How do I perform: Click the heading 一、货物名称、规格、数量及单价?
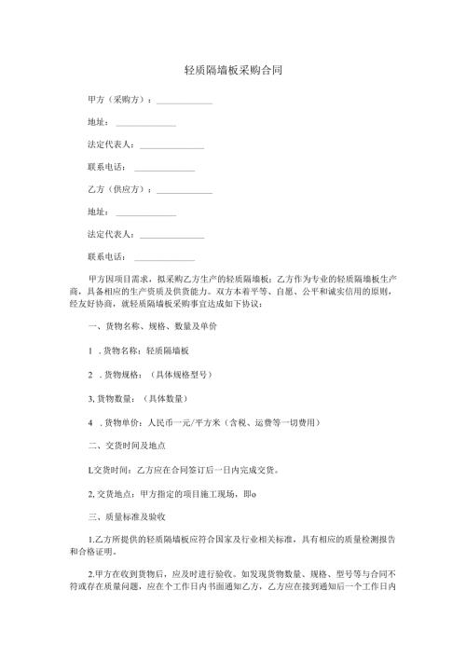[152, 328]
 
